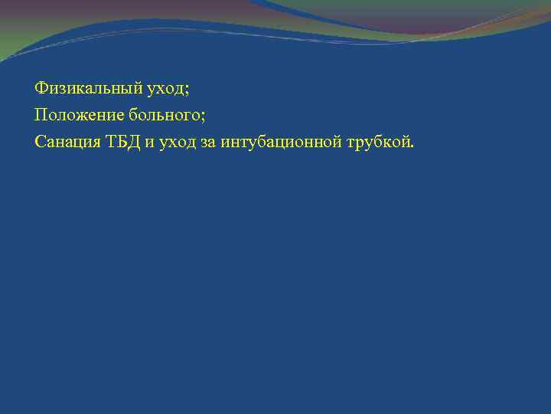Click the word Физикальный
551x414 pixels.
[80, 89]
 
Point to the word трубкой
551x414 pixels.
[377, 142]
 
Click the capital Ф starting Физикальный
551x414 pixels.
[41, 89]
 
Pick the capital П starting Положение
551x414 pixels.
[40, 115]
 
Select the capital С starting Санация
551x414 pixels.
[39, 141]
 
